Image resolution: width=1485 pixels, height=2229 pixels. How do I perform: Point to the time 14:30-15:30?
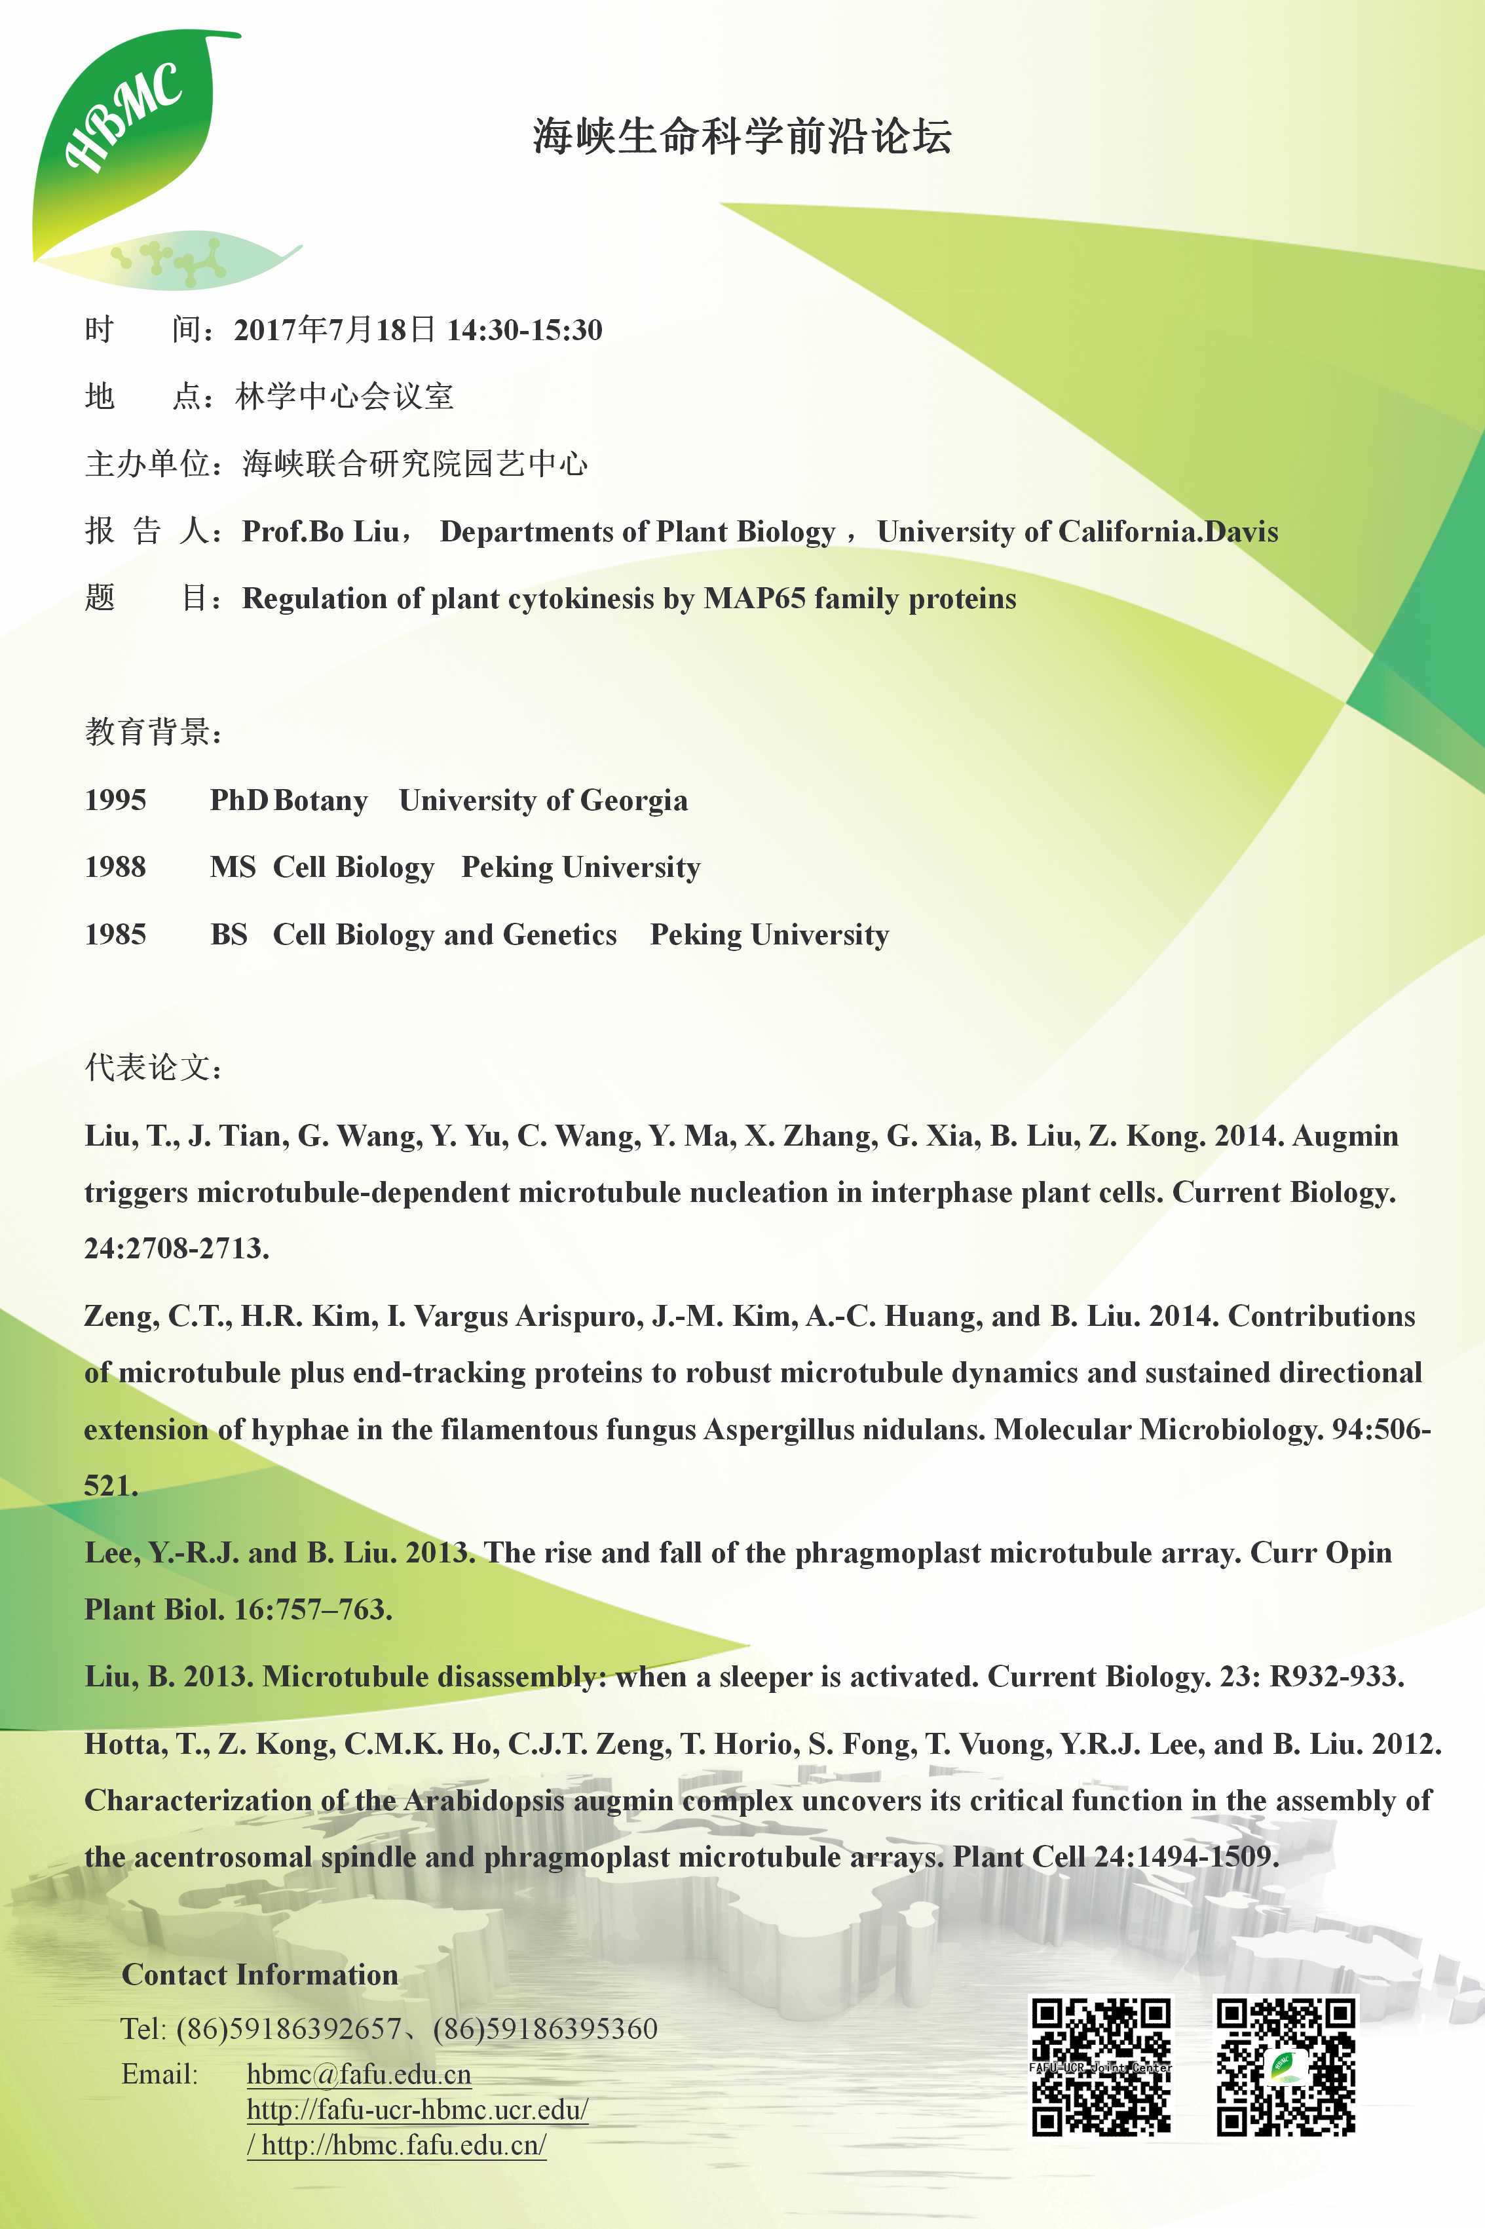(x=524, y=330)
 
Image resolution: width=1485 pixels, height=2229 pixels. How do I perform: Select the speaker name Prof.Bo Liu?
(x=320, y=532)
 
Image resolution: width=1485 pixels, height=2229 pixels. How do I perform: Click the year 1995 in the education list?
(x=115, y=800)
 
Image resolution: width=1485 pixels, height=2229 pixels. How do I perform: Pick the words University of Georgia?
(x=542, y=800)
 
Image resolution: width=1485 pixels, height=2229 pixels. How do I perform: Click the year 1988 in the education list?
(x=115, y=867)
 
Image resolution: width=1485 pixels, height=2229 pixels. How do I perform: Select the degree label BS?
(x=228, y=935)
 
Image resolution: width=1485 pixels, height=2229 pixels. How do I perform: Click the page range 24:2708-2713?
(x=176, y=1249)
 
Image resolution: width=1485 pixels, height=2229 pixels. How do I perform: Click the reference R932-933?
(x=1336, y=1677)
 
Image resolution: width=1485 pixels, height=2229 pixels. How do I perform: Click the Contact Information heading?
(x=259, y=1975)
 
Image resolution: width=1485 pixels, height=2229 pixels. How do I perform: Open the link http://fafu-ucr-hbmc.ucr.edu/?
(x=417, y=2110)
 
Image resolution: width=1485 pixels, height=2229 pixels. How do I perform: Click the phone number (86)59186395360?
(x=544, y=2028)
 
